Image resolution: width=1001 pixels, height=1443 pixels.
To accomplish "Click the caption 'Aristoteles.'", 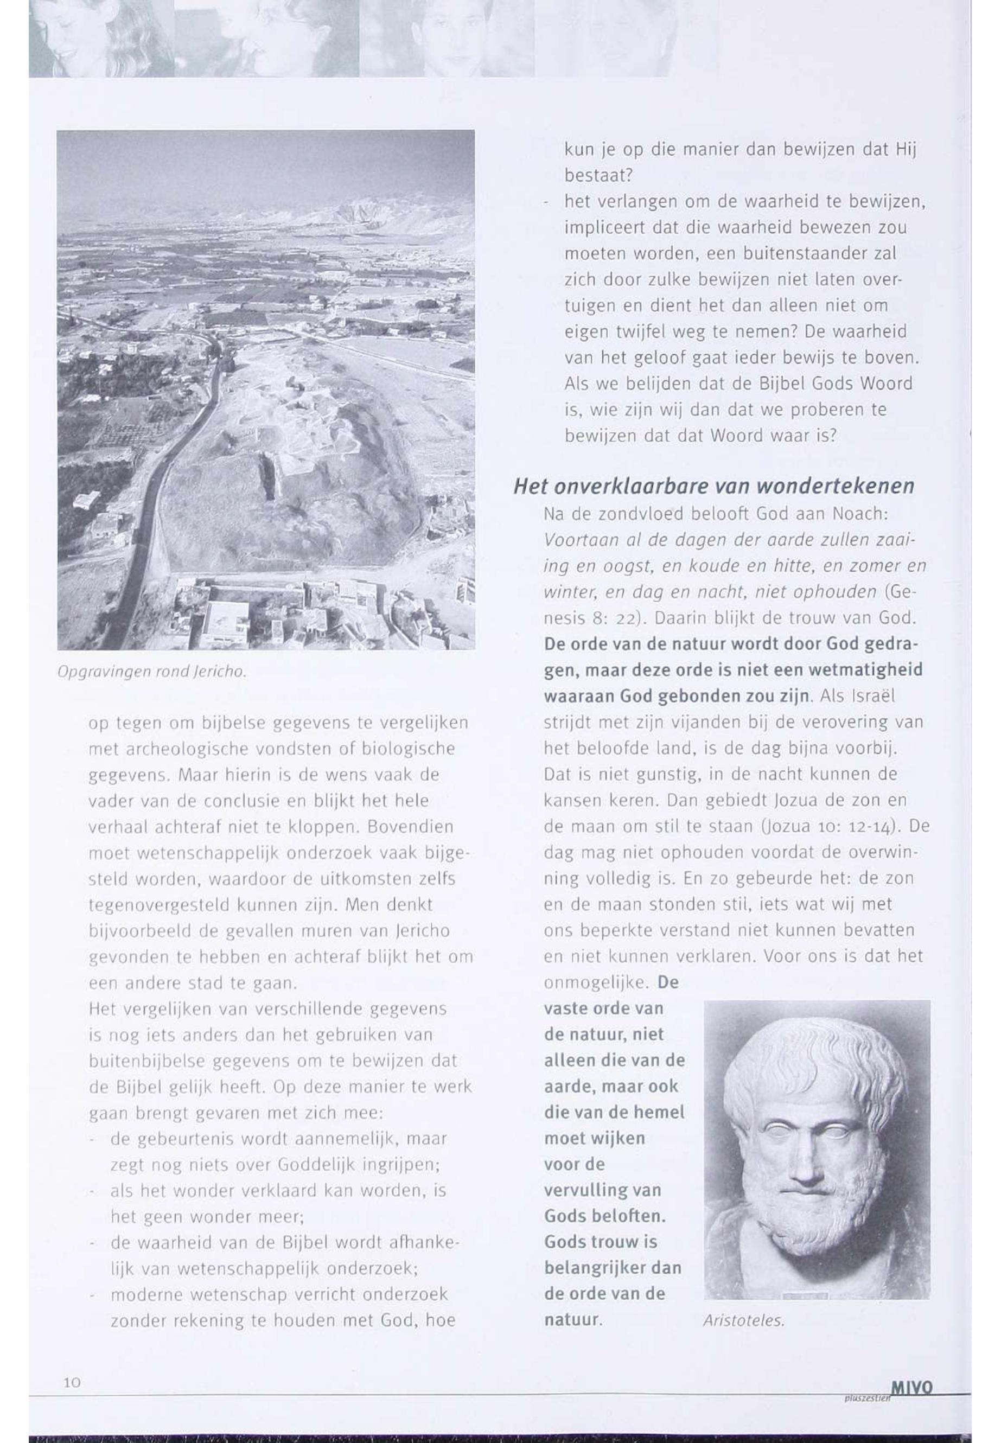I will click(744, 1321).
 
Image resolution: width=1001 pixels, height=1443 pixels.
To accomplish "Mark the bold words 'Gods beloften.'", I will click(604, 1216).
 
